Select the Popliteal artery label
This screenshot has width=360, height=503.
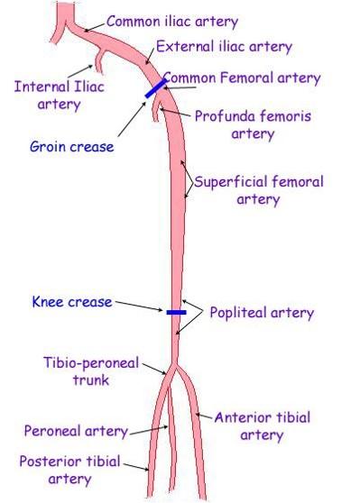point(262,313)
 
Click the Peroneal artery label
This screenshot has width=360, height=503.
point(76,431)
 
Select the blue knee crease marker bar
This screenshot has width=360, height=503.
point(176,312)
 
